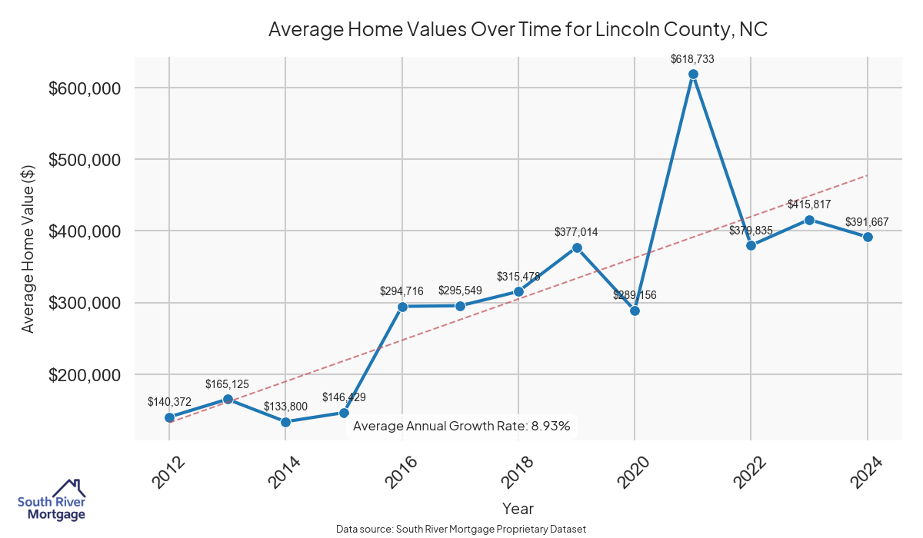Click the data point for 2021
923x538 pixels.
tap(693, 74)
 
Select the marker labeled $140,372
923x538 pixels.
tap(169, 417)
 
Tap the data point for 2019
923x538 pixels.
tap(577, 247)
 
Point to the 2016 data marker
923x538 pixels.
tap(402, 307)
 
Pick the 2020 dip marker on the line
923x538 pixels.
tap(635, 311)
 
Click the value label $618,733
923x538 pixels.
tap(693, 58)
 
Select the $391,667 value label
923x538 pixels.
tap(867, 222)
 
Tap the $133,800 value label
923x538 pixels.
tap(285, 406)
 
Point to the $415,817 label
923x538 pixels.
tap(809, 204)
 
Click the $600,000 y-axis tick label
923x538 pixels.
tap(85, 88)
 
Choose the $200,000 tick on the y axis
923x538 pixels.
tap(85, 375)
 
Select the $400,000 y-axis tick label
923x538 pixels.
tap(85, 231)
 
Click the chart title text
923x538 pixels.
tap(518, 30)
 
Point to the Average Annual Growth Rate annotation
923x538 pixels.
tap(461, 426)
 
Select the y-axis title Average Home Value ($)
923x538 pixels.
tap(28, 248)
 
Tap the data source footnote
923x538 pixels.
tap(461, 529)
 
